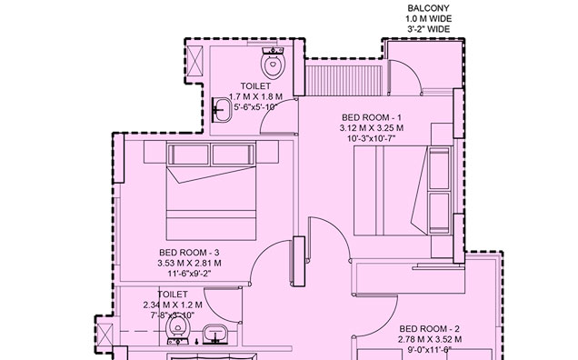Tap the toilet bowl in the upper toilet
point(271,65)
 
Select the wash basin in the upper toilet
point(222,109)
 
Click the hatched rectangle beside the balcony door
point(338,75)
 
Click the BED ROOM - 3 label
point(189,252)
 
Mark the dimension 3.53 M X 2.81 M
point(189,263)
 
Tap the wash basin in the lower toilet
point(214,333)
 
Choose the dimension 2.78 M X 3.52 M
point(431,338)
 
